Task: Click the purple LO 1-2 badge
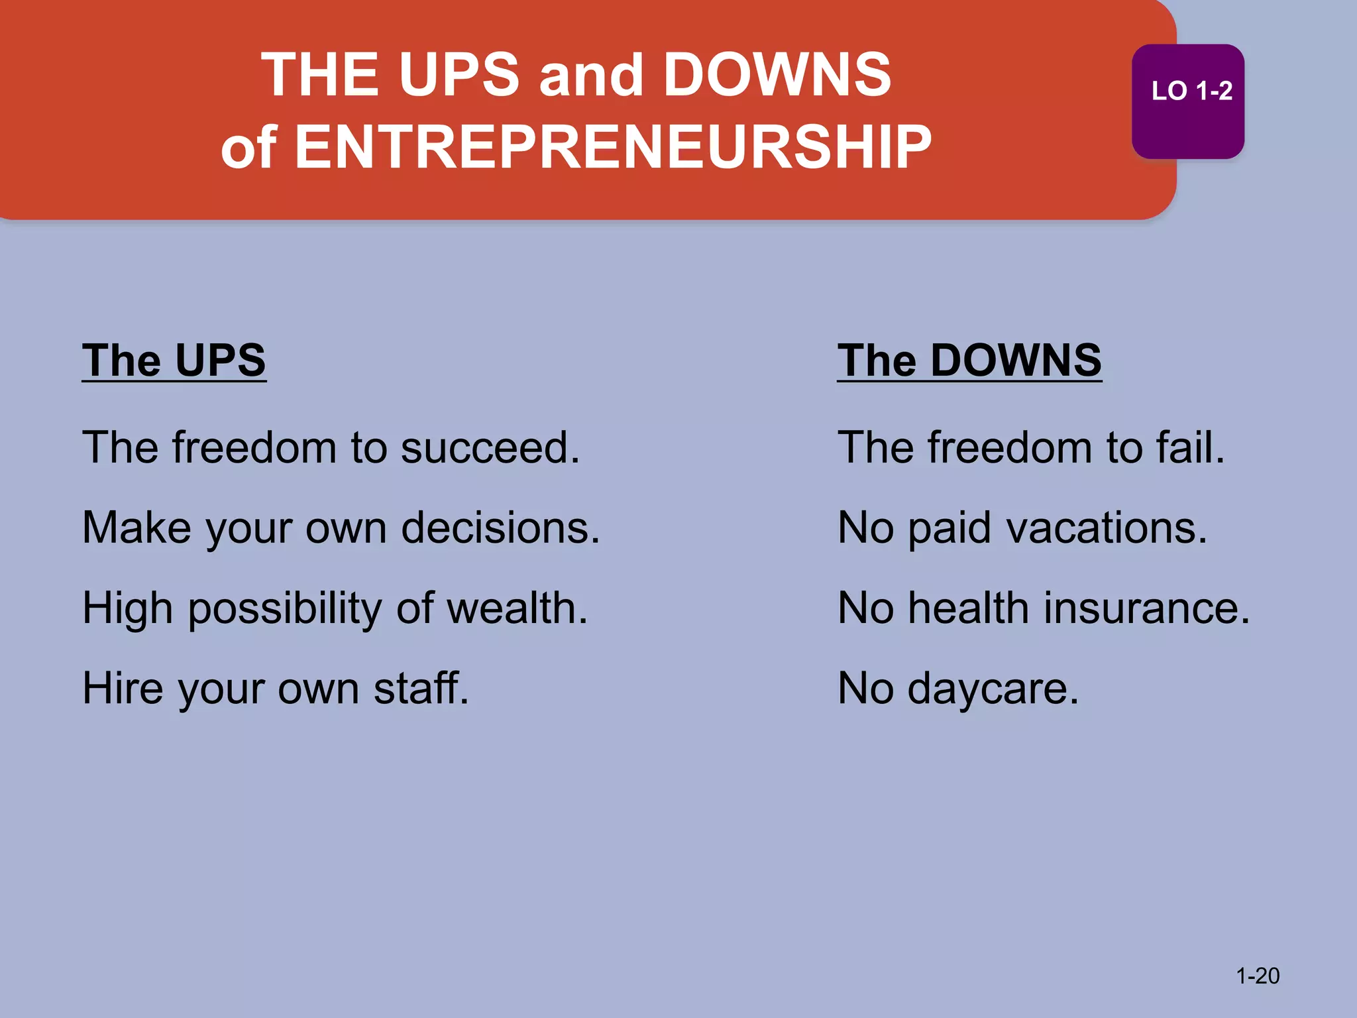click(1187, 101)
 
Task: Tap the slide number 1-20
click(1258, 976)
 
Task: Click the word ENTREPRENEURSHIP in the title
click(613, 146)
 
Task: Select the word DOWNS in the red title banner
click(777, 74)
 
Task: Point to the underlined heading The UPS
click(174, 361)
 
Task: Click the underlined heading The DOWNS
click(969, 361)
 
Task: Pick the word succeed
click(490, 447)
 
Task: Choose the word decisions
click(500, 528)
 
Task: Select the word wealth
click(517, 608)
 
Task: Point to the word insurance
click(1147, 608)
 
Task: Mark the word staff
click(421, 688)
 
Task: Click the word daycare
click(993, 689)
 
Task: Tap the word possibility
click(284, 609)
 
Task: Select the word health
click(968, 608)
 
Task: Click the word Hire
click(123, 688)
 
